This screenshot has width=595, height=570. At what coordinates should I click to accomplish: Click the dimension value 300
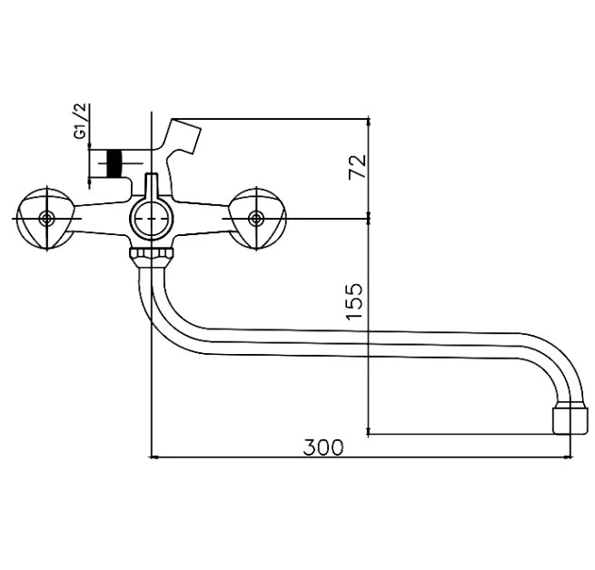point(322,447)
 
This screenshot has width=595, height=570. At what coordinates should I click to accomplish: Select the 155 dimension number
point(354,301)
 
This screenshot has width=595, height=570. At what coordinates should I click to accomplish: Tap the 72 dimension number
point(358,166)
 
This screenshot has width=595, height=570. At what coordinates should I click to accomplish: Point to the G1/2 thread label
point(81,121)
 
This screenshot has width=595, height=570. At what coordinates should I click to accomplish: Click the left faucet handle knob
point(46,219)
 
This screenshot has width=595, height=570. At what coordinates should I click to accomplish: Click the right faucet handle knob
point(257,219)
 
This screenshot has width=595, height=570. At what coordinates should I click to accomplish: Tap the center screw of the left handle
point(47,219)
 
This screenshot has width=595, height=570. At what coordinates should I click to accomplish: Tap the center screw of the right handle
point(256,219)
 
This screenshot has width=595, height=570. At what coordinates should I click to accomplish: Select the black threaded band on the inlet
point(114,163)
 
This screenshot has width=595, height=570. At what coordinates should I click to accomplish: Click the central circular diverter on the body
point(152,219)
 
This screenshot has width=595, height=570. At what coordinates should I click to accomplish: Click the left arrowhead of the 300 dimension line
point(153,457)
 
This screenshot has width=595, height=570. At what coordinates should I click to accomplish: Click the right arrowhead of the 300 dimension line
point(570,457)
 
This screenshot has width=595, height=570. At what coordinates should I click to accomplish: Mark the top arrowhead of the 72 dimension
point(368,122)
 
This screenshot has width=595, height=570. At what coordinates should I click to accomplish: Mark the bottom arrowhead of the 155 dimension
point(368,431)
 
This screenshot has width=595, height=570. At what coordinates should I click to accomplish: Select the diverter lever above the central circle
point(152,187)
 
